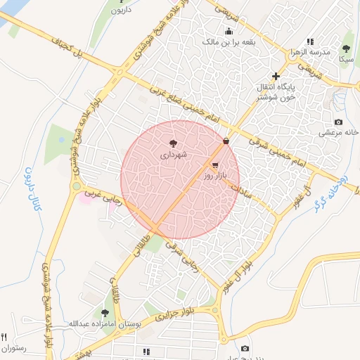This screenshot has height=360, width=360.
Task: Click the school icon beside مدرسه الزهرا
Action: [310, 42]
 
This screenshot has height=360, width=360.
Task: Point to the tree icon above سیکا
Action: [346, 49]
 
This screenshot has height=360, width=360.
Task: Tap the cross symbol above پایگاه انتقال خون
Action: [276, 76]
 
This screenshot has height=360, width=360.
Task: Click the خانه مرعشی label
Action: [339, 132]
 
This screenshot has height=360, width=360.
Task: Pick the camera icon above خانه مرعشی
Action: [338, 122]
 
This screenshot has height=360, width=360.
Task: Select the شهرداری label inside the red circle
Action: [173, 153]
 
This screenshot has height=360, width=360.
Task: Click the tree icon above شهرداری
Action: [174, 143]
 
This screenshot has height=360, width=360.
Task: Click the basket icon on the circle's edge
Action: [226, 142]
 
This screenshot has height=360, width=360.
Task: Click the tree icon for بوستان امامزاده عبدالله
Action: [105, 313]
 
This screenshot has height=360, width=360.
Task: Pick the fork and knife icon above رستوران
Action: [5, 337]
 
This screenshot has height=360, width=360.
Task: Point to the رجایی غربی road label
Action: [102, 200]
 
